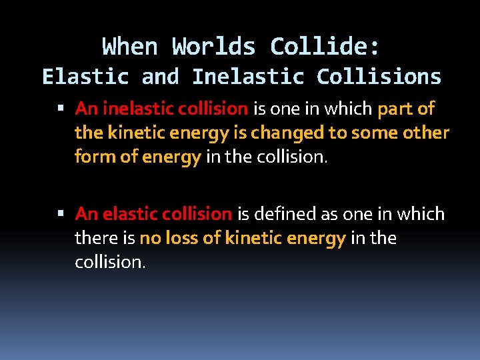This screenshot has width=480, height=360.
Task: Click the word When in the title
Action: (x=130, y=47)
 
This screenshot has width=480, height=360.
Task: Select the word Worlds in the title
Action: (x=213, y=47)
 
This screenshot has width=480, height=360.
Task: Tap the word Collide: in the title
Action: (x=325, y=47)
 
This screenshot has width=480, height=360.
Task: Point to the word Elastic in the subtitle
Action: (x=85, y=77)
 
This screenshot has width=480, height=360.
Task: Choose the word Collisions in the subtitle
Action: (x=379, y=77)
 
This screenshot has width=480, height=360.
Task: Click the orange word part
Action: (x=395, y=108)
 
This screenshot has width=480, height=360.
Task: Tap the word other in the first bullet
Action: (x=427, y=133)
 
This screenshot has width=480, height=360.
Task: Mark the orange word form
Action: (x=93, y=157)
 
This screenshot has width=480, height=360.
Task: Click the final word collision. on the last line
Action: (x=109, y=262)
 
